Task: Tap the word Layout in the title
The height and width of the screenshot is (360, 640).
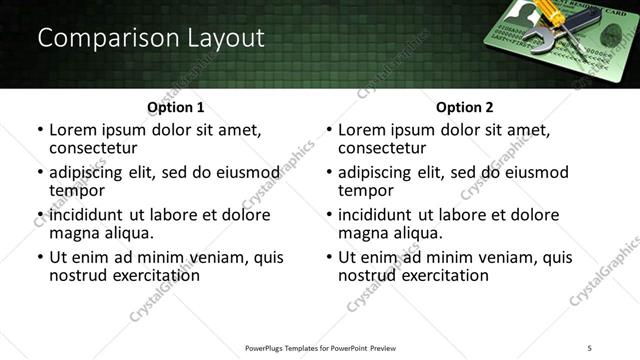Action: click(x=224, y=39)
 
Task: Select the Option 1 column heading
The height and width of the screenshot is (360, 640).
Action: click(x=175, y=106)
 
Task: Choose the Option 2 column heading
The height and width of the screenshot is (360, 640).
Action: click(x=464, y=106)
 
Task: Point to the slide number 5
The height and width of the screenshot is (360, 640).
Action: click(x=590, y=348)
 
